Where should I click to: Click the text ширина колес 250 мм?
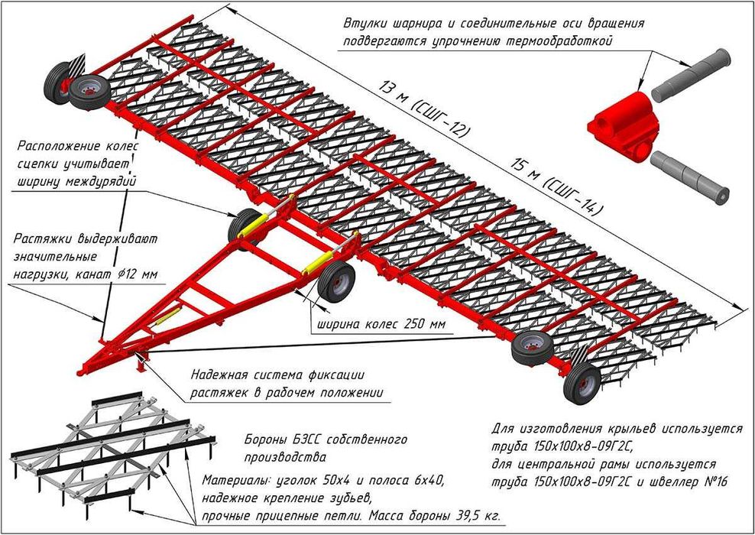tap(380, 324)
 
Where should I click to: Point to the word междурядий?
tap(101, 182)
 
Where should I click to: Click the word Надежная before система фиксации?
tap(219, 375)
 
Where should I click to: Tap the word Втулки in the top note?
tap(366, 23)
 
